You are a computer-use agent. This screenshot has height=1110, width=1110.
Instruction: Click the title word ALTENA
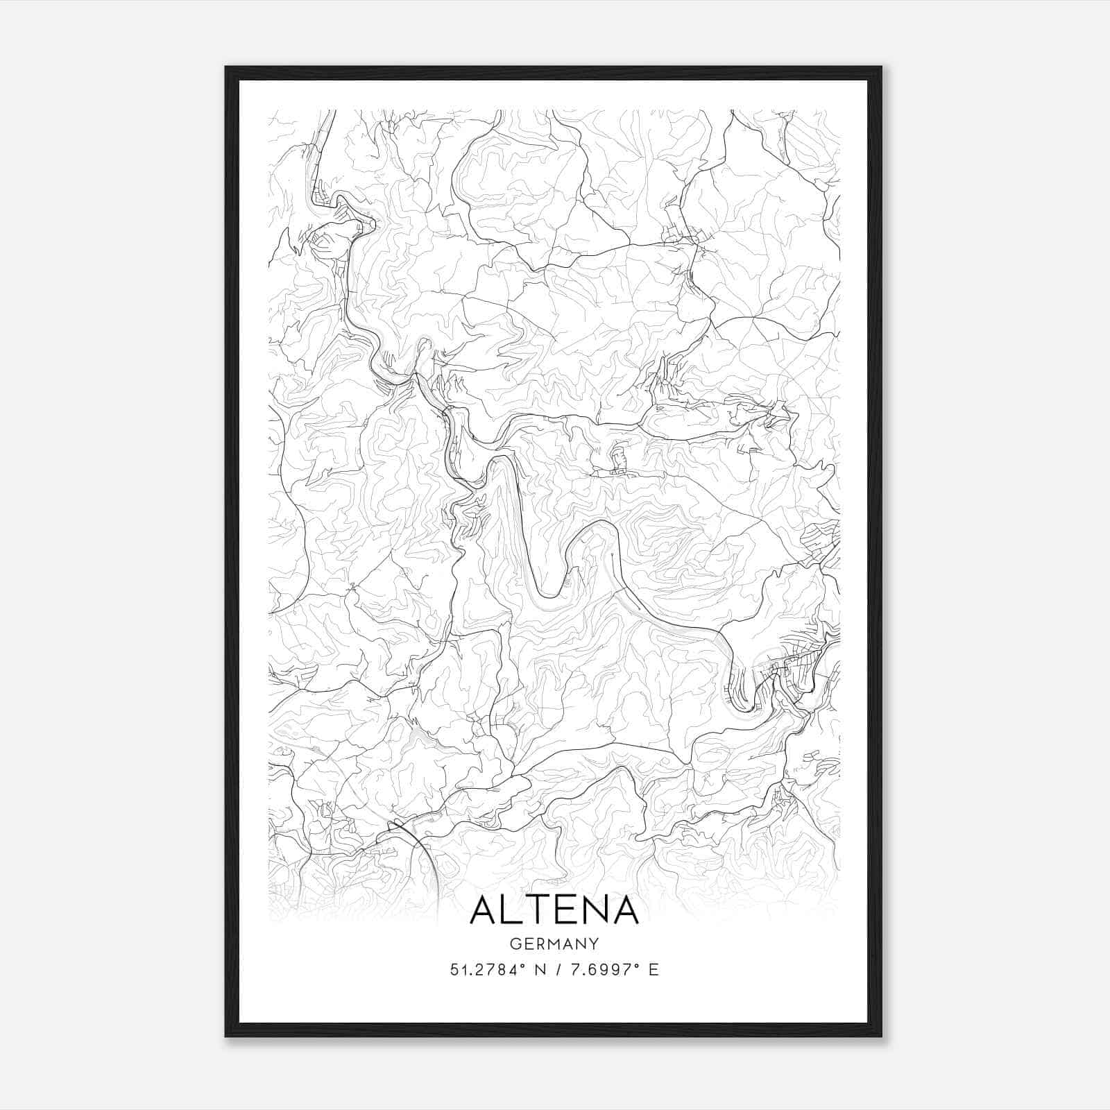pyautogui.click(x=554, y=910)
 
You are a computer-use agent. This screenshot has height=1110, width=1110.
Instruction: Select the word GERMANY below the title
pyautogui.click(x=554, y=943)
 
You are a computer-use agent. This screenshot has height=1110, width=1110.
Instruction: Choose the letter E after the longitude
pyautogui.click(x=653, y=970)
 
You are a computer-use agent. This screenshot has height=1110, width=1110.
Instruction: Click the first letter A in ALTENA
pyautogui.click(x=484, y=910)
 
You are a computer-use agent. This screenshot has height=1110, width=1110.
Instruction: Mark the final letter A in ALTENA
pyautogui.click(x=624, y=910)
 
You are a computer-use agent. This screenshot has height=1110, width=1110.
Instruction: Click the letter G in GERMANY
pyautogui.click(x=514, y=943)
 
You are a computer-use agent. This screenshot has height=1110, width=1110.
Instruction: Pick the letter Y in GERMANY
pyautogui.click(x=595, y=943)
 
